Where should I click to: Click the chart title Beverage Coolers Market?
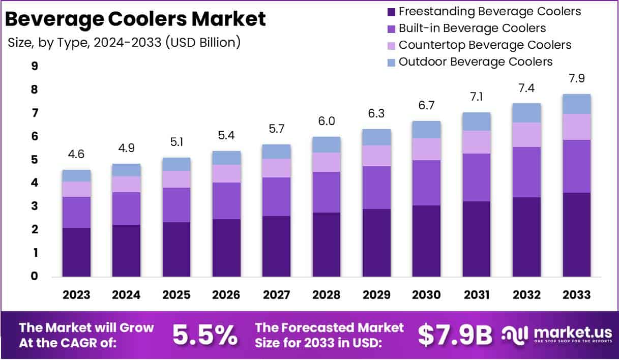135,19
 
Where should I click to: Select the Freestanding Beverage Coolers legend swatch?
391,12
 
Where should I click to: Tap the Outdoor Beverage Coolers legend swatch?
391,62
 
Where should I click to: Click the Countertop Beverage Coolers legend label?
485,45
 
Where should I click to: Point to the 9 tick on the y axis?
35,66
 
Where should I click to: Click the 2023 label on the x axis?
76,295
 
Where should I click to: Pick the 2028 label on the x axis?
327,295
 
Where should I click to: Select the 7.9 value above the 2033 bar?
576,79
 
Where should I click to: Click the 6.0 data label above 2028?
327,123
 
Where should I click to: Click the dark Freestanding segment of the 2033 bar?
576,234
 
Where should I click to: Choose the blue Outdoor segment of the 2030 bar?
426,130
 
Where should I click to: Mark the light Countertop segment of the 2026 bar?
226,173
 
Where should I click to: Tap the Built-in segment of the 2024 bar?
126,208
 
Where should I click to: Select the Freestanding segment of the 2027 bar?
276,246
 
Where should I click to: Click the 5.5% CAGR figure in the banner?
204,334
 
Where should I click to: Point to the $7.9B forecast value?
455,334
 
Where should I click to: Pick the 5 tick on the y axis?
35,160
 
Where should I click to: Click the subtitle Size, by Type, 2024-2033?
124,43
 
